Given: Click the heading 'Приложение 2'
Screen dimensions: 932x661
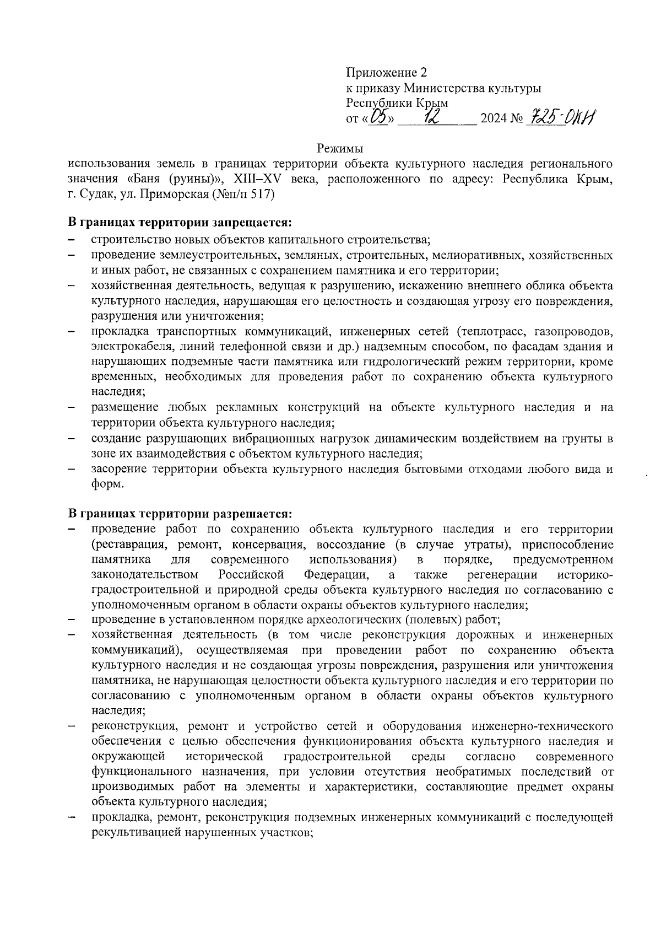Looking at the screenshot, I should click(x=386, y=73).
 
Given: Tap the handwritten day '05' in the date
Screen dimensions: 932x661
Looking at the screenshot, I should click(x=381, y=117).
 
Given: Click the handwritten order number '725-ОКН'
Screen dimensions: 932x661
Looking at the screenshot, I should click(x=561, y=117).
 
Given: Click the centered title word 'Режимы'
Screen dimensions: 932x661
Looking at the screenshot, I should click(x=340, y=149).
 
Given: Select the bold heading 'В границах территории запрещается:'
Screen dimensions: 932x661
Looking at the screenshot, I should click(x=179, y=223).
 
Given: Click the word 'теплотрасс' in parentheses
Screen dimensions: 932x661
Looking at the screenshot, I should click(x=489, y=332).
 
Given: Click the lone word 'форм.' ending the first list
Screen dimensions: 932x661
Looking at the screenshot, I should click(x=107, y=484).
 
